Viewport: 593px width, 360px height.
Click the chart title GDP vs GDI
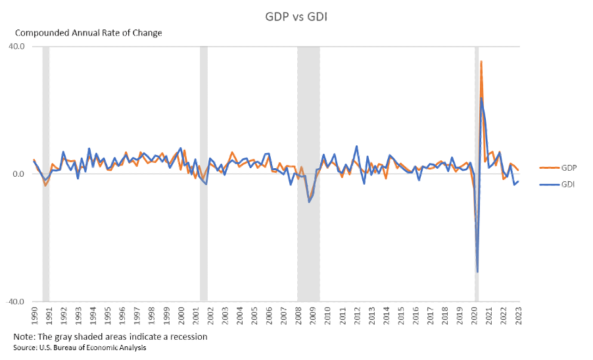pyautogui.click(x=296, y=16)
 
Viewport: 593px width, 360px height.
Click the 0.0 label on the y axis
pyautogui.click(x=19, y=174)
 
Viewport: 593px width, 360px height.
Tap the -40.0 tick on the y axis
pyautogui.click(x=16, y=302)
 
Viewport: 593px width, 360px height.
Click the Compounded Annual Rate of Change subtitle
pyautogui.click(x=88, y=33)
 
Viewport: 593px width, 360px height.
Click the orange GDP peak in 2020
pyautogui.click(x=481, y=62)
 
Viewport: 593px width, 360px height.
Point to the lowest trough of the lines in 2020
pyautogui.click(x=477, y=271)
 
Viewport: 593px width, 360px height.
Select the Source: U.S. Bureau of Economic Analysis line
pyautogui.click(x=80, y=348)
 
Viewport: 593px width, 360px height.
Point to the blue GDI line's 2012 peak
pyautogui.click(x=356, y=146)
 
